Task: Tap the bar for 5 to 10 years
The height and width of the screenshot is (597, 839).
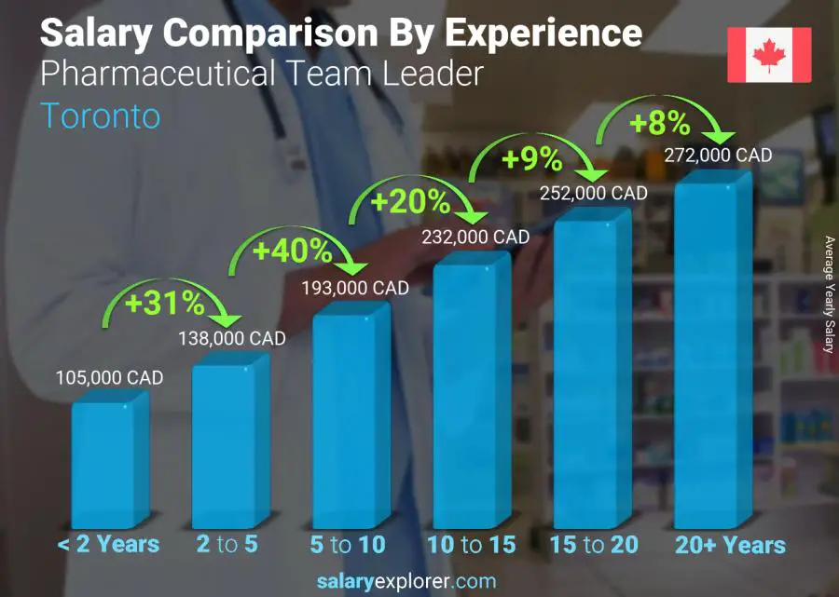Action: (350, 419)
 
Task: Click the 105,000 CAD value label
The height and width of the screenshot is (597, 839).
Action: (110, 378)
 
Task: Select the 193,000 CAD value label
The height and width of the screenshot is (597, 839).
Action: (355, 289)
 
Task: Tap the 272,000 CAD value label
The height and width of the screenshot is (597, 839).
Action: (719, 156)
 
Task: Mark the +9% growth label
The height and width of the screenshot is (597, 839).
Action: (531, 160)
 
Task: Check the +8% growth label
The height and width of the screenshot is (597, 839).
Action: (658, 123)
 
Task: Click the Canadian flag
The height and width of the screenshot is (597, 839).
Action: (769, 55)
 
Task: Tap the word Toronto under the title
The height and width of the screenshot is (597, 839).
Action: (101, 115)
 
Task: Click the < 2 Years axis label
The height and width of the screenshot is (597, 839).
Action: (109, 545)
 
